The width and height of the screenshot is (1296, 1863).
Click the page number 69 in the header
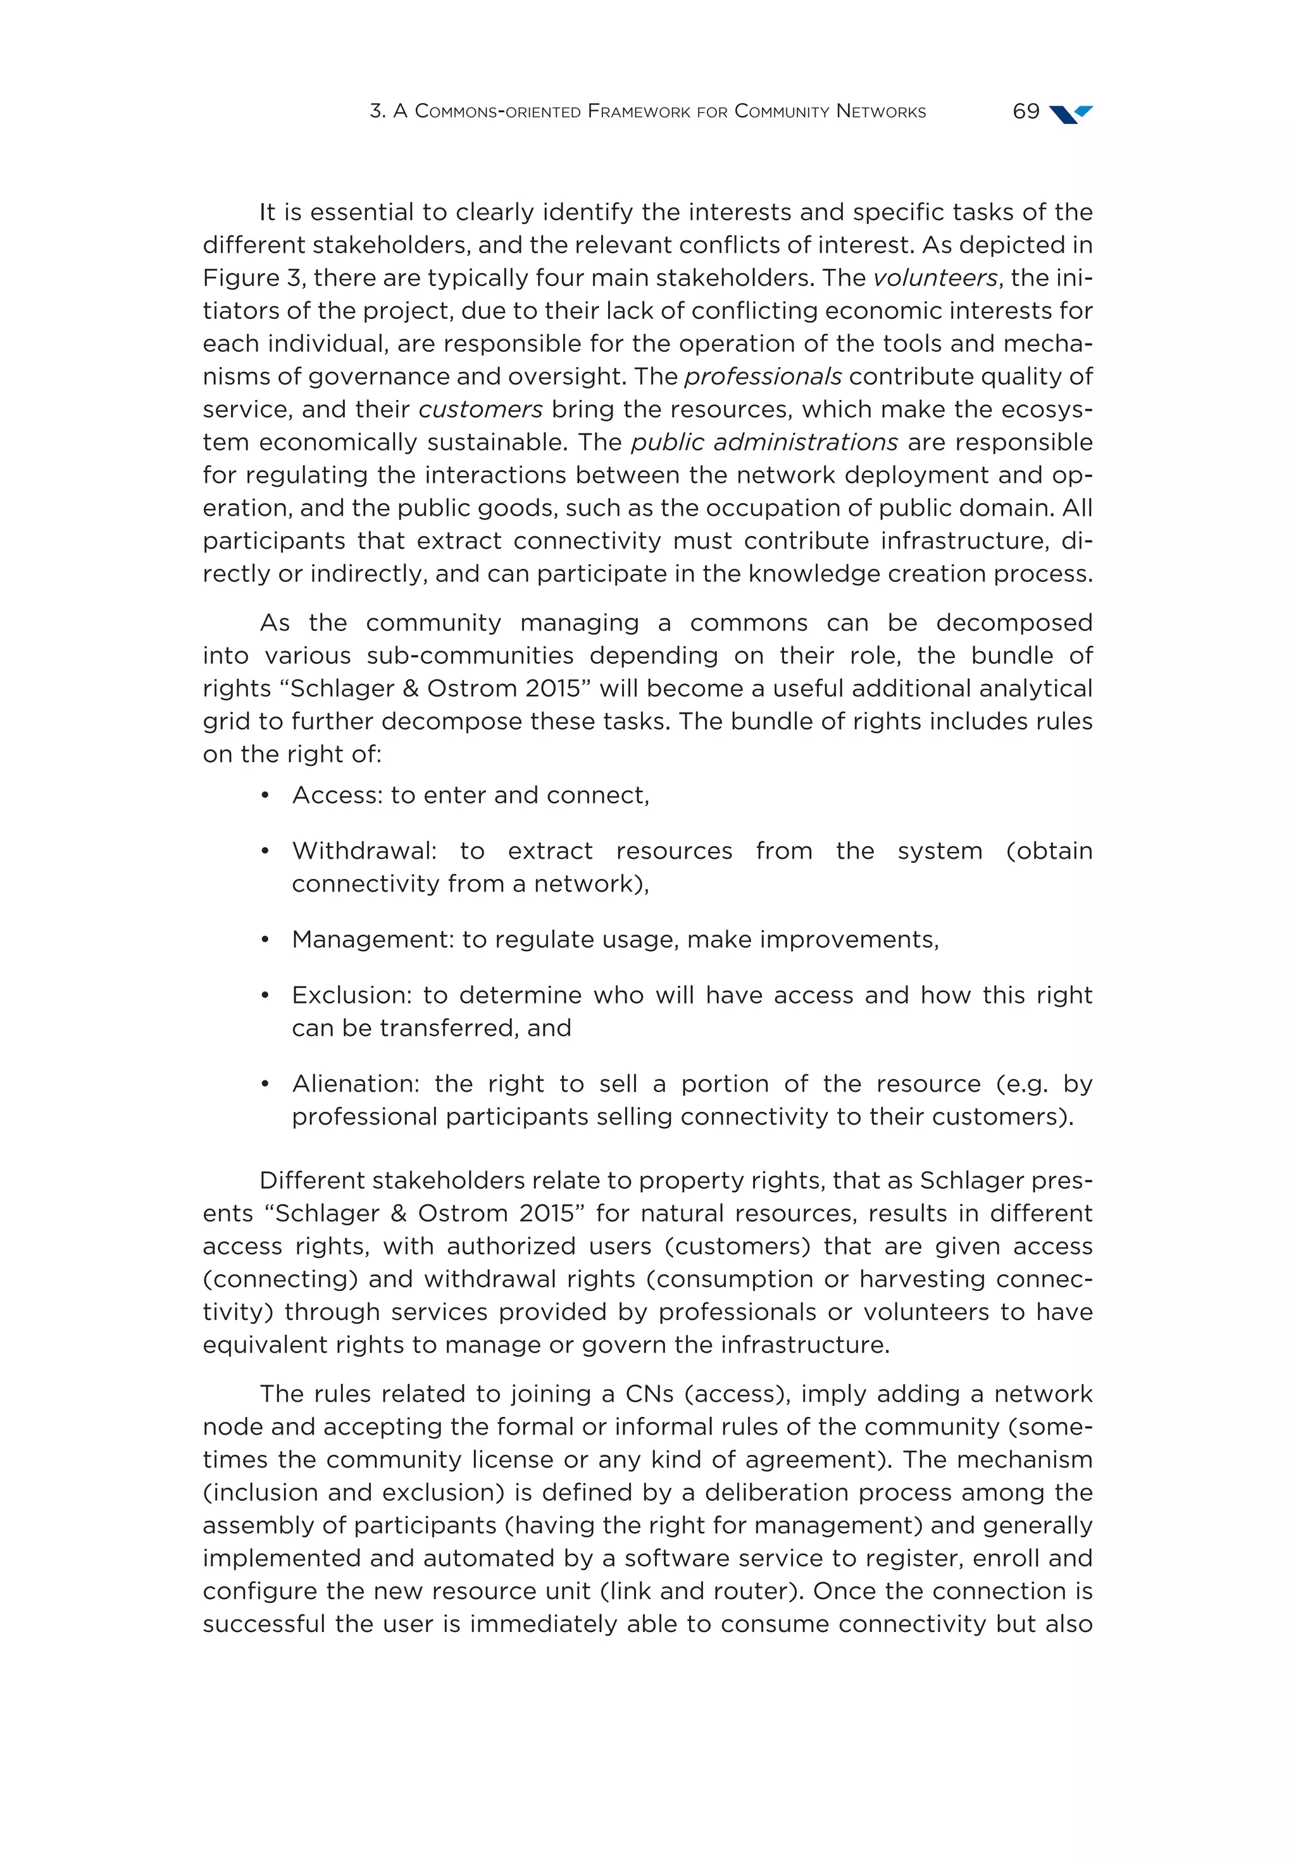1026,111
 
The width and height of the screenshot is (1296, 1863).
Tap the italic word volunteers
935,278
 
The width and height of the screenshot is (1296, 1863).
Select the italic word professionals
763,377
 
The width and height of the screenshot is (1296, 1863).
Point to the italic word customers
480,409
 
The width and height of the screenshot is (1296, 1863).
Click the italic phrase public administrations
764,442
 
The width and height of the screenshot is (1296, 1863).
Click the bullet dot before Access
265,795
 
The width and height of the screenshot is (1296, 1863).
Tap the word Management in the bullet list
373,939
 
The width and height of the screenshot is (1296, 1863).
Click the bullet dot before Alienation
265,1084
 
